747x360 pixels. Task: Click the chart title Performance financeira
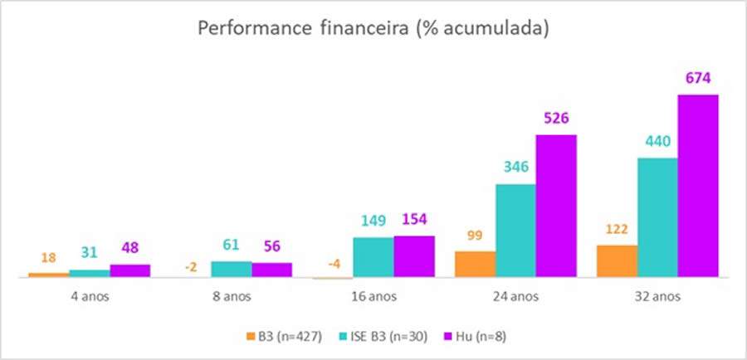tap(373, 27)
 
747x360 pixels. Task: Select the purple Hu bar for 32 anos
tap(698, 187)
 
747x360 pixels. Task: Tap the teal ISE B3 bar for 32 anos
tap(657, 218)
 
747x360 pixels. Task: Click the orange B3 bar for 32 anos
tap(617, 261)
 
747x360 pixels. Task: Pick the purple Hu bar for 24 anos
tap(556, 207)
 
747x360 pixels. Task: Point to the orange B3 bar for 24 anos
tap(476, 265)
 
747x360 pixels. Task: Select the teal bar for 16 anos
tap(373, 257)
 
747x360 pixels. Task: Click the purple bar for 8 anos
tap(272, 270)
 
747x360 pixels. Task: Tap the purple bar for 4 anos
tap(130, 270)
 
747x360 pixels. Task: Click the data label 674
tap(698, 79)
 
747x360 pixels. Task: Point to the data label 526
tap(556, 119)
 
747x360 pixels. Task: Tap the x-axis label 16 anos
tap(373, 294)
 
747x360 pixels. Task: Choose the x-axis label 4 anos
tap(90, 294)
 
